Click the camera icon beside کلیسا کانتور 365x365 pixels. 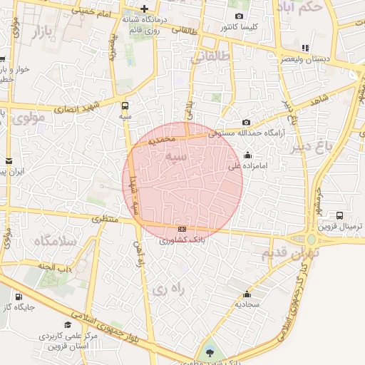(x=239, y=16)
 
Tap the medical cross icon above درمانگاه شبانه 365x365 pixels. (x=145, y=9)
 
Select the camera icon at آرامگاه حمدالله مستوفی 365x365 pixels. (x=247, y=122)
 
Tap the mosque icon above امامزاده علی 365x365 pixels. (x=247, y=155)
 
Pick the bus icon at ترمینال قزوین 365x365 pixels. (x=339, y=215)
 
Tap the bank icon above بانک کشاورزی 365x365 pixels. (x=182, y=229)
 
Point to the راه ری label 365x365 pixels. (x=169, y=289)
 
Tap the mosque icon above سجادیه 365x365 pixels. (x=247, y=294)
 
